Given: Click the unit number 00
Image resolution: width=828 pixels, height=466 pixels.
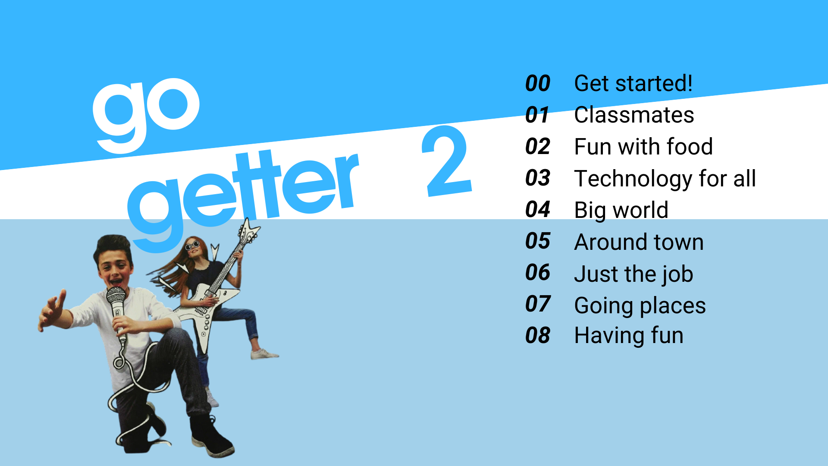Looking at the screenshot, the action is click(x=538, y=83).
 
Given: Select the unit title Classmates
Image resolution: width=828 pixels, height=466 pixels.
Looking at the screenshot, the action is click(x=634, y=115).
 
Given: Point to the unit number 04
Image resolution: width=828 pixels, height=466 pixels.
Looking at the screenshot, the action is click(x=538, y=209).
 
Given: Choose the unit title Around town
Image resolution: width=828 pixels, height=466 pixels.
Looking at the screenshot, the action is click(x=639, y=242).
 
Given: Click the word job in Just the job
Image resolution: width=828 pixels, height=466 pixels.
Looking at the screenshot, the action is click(x=677, y=274).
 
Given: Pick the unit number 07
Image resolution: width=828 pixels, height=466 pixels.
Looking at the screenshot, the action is click(x=538, y=304).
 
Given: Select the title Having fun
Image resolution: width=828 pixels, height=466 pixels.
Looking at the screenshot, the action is click(x=629, y=335).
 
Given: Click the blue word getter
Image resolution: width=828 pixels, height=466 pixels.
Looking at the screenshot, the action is click(x=241, y=201).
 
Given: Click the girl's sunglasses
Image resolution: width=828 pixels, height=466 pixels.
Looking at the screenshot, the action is click(x=192, y=246).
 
